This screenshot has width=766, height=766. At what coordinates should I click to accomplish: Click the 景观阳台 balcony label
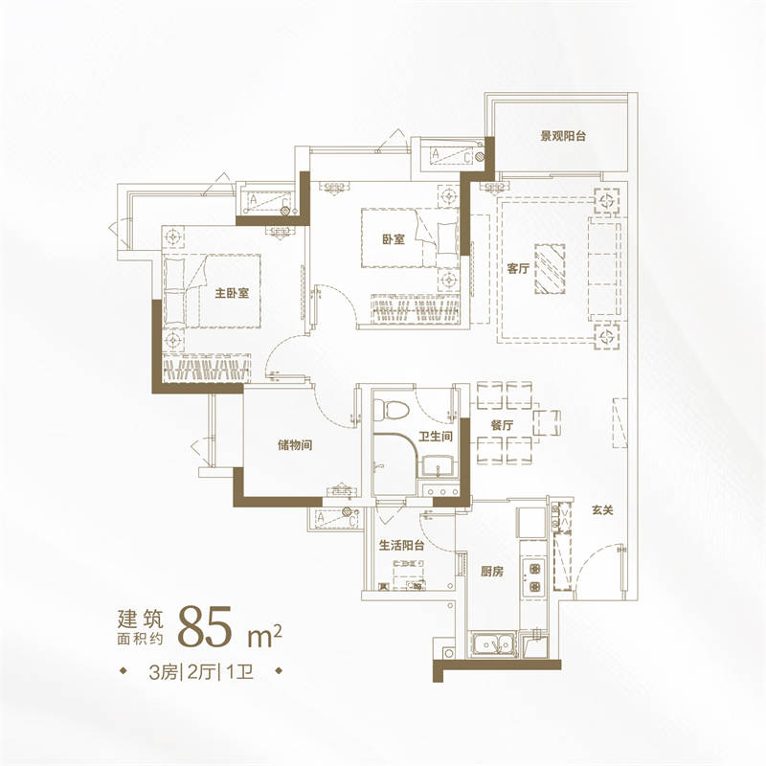(x=563, y=136)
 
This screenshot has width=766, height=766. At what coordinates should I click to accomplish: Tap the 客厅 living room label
(x=518, y=268)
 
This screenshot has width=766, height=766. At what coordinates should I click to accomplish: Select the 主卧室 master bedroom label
(x=232, y=293)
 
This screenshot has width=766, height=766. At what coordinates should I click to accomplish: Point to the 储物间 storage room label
(x=295, y=445)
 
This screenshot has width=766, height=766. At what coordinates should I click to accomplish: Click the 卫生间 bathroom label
(x=436, y=437)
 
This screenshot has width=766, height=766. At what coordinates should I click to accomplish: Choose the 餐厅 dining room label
(x=502, y=425)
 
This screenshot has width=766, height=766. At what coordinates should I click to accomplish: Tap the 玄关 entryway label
(x=602, y=510)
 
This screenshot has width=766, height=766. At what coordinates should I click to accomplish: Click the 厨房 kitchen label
(x=492, y=571)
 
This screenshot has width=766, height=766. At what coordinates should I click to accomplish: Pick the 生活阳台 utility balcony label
(x=401, y=545)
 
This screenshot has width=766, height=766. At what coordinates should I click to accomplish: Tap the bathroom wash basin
(x=438, y=465)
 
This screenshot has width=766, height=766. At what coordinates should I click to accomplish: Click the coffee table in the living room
(x=550, y=269)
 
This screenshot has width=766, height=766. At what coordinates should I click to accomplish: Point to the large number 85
(x=204, y=627)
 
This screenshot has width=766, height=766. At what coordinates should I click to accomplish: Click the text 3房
(x=163, y=673)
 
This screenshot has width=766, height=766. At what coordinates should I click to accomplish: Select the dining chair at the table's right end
(x=547, y=423)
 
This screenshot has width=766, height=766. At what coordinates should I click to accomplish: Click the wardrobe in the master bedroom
(x=207, y=369)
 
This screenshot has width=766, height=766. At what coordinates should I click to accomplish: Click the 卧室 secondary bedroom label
(x=394, y=239)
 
